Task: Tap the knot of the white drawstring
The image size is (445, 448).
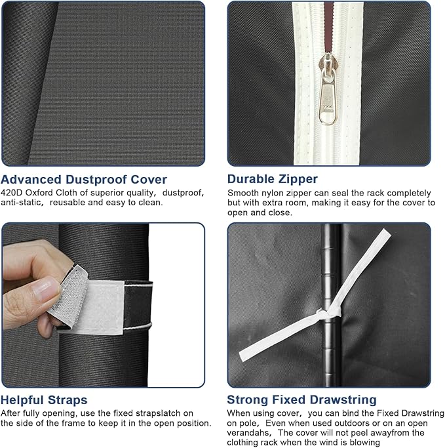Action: (x=326, y=314)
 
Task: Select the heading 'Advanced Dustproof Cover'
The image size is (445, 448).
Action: (x=84, y=180)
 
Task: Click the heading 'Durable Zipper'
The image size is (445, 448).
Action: (x=273, y=179)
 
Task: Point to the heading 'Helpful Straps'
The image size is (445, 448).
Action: (x=44, y=400)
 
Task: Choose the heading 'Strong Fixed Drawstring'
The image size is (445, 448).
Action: (x=301, y=399)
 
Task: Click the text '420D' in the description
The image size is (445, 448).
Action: (x=12, y=193)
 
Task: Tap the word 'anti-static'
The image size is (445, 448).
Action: (x=22, y=203)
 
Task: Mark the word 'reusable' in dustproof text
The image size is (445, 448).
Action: (x=68, y=203)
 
